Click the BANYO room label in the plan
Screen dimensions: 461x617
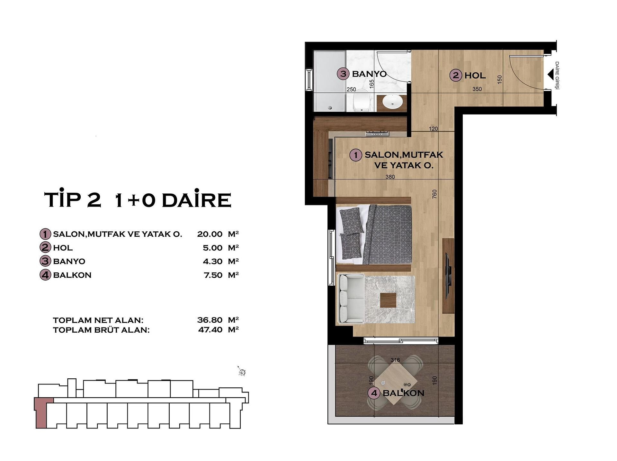[x=369, y=74]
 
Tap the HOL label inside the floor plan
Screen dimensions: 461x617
[x=475, y=76]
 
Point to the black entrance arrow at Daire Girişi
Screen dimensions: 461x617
[x=550, y=75]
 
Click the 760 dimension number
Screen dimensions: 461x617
[x=435, y=194]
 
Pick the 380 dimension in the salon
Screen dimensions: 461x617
[x=390, y=177]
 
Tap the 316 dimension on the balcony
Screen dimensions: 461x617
[x=395, y=360]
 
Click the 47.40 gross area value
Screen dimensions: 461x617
[x=210, y=329]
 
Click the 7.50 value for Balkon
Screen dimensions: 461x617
[x=213, y=275]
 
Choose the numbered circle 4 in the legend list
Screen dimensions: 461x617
[x=45, y=275]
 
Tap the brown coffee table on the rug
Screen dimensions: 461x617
[x=389, y=300]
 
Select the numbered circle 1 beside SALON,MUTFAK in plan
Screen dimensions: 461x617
[x=356, y=155]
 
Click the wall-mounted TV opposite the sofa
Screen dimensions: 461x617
[x=448, y=275]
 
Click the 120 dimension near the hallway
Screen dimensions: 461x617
[x=433, y=129]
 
